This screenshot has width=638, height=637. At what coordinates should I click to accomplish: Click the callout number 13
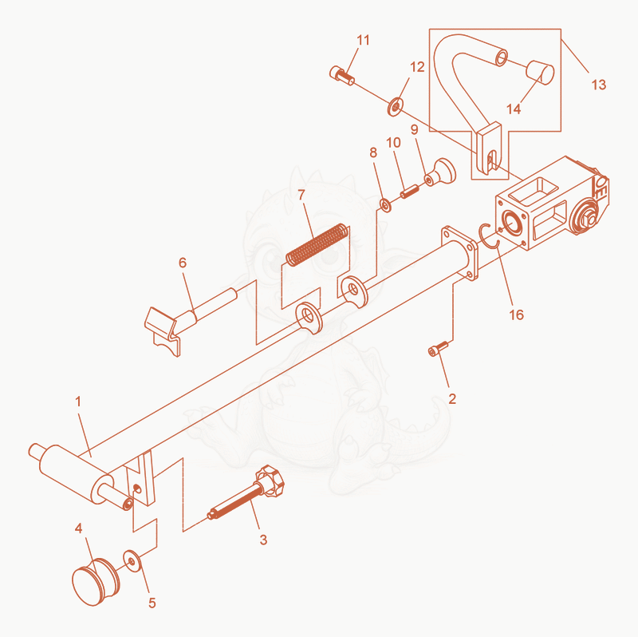599,85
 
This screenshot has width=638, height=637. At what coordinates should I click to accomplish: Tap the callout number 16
516,315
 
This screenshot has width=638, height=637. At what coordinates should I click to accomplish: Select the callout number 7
301,195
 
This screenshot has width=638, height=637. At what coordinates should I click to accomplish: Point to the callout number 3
263,540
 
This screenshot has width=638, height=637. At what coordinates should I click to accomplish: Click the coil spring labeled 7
317,245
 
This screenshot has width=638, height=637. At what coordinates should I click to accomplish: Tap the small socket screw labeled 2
438,349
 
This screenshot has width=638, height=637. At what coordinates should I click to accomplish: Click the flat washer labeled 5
132,561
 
